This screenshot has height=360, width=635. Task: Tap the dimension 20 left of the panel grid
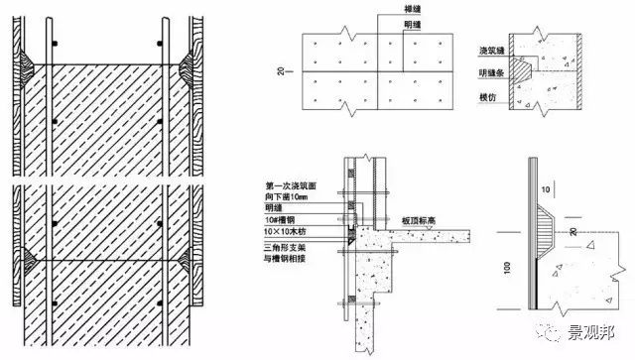coord(282,72)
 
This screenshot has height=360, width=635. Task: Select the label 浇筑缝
coord(478,48)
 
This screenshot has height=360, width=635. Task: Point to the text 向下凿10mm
coord(288,195)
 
